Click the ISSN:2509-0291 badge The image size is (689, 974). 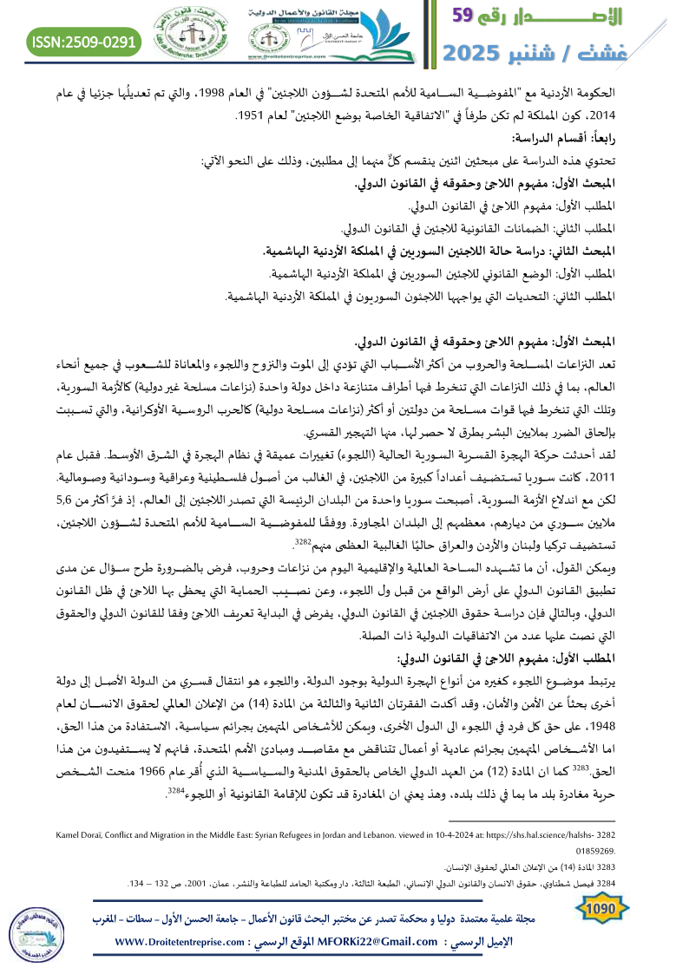tap(84, 41)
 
